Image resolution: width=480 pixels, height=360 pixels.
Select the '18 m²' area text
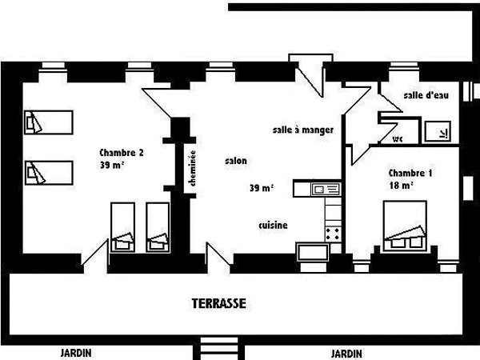pyautogui.click(x=401, y=186)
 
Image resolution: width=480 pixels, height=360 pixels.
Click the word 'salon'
pyautogui.click(x=236, y=161)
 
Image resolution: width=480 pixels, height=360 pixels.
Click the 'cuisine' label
pyautogui.click(x=273, y=226)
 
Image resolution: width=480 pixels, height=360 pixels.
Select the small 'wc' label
pyautogui.click(x=398, y=138)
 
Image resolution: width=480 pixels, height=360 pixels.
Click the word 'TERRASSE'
pyautogui.click(x=218, y=304)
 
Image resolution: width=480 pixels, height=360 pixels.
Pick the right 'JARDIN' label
pyautogui.click(x=346, y=352)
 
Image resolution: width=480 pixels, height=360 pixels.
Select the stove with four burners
pyautogui.click(x=333, y=232)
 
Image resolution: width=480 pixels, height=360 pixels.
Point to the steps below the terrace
pyautogui.click(x=213, y=349)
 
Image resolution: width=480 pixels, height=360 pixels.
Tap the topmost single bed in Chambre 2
pyautogui.click(x=48, y=123)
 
